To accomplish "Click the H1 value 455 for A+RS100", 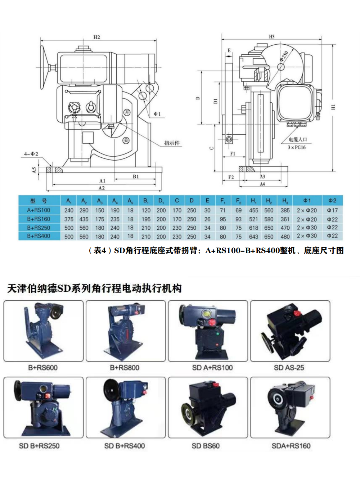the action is (253, 210).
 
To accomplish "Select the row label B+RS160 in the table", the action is (39, 219).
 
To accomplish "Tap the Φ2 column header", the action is (332, 201).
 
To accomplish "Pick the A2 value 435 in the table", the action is (84, 219).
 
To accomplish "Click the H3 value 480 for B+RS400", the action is (285, 237).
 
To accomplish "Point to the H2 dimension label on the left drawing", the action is (96, 37).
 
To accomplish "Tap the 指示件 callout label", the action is (172, 143).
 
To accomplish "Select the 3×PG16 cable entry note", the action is (296, 147).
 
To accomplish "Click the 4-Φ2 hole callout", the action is (31, 154).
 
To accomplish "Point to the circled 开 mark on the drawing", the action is (127, 112).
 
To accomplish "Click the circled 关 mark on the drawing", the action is (126, 140).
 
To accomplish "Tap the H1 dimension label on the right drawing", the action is (333, 107).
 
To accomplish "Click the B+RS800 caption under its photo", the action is (125, 368).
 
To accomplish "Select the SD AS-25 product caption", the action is (289, 368).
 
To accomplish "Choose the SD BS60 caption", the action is (206, 446).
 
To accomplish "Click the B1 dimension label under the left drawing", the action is (136, 176).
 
